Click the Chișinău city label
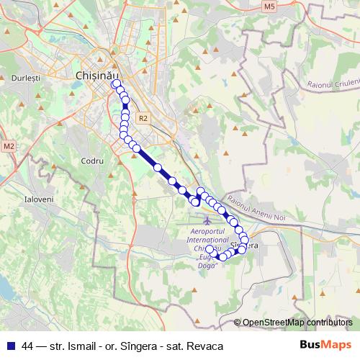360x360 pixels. click(x=95, y=74)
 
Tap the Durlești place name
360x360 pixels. click(x=26, y=76)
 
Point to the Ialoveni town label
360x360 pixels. click(x=38, y=198)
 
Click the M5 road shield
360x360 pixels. click(x=269, y=6)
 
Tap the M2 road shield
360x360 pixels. click(x=9, y=146)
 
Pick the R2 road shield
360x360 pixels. click(x=143, y=119)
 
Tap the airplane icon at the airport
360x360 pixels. click(x=208, y=219)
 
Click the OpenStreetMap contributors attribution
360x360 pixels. click(x=297, y=323)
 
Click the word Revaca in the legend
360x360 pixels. click(x=206, y=346)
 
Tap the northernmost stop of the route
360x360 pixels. click(x=115, y=84)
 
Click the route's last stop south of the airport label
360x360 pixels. click(x=210, y=249)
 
